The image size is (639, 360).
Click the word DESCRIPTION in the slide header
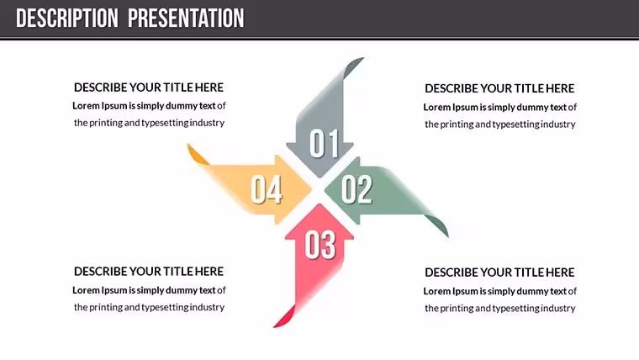[67, 19]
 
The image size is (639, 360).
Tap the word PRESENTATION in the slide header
[187, 19]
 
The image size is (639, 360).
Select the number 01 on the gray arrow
[324, 143]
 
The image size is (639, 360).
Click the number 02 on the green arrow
[357, 189]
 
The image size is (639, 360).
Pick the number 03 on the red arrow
[320, 245]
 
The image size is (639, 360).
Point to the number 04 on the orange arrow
[267, 189]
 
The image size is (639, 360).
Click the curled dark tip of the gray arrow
[352, 66]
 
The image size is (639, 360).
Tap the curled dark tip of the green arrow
[438, 225]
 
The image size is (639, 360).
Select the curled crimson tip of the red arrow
[284, 318]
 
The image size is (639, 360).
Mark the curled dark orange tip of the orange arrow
[198, 154]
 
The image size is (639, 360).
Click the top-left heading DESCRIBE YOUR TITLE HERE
[149, 87]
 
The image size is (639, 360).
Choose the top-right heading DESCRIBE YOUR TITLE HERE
[499, 88]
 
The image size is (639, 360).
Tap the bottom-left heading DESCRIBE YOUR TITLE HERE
[149, 272]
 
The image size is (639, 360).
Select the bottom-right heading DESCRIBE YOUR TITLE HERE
[499, 273]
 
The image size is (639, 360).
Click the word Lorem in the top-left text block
[86, 106]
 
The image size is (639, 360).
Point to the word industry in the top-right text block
[558, 124]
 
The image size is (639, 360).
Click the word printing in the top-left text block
[106, 123]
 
